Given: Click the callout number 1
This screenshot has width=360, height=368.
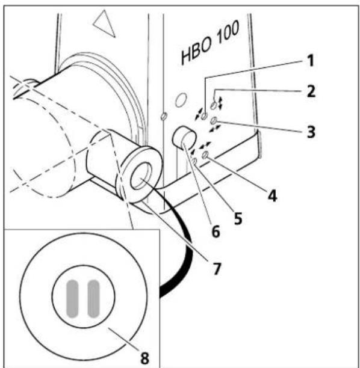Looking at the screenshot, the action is tap(311, 61).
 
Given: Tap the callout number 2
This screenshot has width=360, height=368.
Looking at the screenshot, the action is tap(311, 91).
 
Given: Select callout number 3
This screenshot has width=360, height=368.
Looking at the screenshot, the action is tap(311, 132).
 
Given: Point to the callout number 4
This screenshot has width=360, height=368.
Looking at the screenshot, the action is tap(273, 195).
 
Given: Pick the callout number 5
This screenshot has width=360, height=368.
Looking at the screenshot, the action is tap(238, 218).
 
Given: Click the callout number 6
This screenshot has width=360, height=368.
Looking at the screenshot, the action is tap(216, 231).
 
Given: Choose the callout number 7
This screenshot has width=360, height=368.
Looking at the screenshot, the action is tap(217, 269).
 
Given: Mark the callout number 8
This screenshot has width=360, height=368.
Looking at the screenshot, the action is tap(144, 358).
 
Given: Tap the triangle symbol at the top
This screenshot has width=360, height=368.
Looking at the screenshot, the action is tap(105, 24).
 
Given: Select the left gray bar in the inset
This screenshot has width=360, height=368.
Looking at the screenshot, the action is tap(72, 299).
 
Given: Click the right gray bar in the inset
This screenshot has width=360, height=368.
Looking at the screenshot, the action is tap(93, 299).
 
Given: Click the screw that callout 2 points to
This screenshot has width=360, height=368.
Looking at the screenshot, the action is tap(214, 105).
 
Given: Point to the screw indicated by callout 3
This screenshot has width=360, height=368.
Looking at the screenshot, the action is tap(214, 121).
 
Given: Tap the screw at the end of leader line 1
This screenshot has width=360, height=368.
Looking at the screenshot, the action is tap(204, 116).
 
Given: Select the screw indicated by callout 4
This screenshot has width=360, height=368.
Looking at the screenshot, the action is tap(205, 155).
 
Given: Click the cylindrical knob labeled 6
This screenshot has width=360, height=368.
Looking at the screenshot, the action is tap(184, 138).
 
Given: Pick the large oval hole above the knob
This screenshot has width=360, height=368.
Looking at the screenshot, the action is tap(181, 100).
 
